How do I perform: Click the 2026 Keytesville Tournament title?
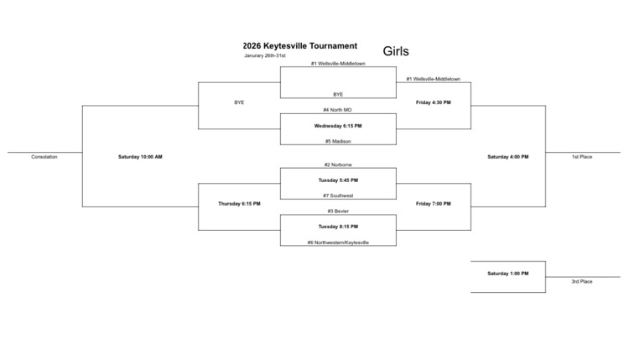(x=299, y=46)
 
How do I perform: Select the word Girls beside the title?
(x=396, y=51)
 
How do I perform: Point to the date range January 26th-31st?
(x=265, y=56)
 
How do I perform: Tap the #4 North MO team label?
(x=338, y=110)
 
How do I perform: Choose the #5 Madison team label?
(x=338, y=141)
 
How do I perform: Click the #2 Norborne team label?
(x=338, y=164)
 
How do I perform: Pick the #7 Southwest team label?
(x=338, y=196)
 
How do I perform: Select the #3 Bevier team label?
(x=338, y=211)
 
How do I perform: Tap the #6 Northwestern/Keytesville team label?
(x=338, y=243)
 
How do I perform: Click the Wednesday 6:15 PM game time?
(x=338, y=126)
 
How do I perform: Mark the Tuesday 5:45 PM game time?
(x=338, y=180)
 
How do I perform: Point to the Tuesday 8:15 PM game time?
(x=338, y=227)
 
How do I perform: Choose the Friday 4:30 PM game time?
(x=434, y=102)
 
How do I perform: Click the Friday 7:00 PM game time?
(x=434, y=204)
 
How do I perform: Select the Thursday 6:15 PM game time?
(x=239, y=204)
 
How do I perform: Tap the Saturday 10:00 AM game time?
(x=140, y=157)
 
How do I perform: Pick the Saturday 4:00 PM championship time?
(x=508, y=157)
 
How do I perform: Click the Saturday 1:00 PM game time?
(x=508, y=274)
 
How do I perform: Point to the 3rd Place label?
(x=582, y=281)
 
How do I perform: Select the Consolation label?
(x=44, y=157)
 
